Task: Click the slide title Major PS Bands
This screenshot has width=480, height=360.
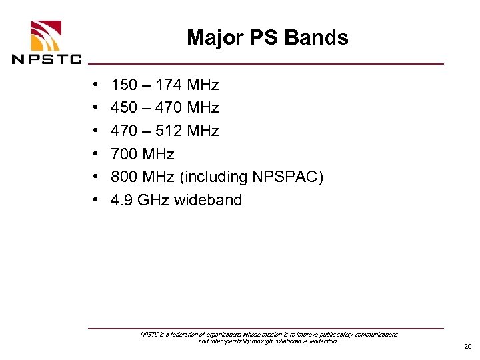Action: click(267, 37)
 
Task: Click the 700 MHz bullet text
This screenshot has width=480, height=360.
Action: click(143, 154)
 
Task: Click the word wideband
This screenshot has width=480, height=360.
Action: click(208, 200)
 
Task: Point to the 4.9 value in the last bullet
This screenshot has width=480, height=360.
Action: click(122, 200)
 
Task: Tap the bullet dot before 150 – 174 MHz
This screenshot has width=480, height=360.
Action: click(97, 85)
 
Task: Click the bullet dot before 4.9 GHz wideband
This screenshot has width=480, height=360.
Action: click(97, 200)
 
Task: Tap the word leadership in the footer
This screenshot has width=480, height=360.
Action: click(323, 341)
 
